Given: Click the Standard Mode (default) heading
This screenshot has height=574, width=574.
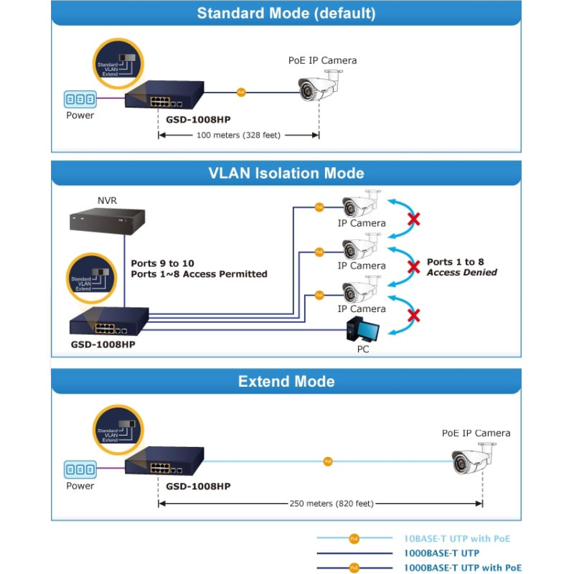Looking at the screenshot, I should [x=286, y=13].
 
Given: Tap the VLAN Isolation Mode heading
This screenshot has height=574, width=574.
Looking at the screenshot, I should [x=286, y=173].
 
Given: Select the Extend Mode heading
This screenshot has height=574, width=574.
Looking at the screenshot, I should [x=286, y=381].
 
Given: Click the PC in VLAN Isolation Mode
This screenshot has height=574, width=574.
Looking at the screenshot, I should [x=363, y=329].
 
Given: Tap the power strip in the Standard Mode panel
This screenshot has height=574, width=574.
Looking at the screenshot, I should [x=80, y=99].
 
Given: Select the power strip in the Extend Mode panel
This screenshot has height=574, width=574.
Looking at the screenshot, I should [x=80, y=470].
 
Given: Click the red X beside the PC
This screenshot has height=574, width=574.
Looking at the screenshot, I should [x=413, y=316].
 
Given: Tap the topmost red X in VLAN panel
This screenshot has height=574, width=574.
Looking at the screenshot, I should [x=413, y=219].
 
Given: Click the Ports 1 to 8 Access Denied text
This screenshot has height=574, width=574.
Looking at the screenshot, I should [x=461, y=268].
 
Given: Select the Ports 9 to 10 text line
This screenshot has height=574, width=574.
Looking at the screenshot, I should [x=162, y=263].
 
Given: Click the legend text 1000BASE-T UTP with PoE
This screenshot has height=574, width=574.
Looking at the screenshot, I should [x=463, y=568].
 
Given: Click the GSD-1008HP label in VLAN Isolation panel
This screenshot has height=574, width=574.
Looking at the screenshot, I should [x=103, y=344].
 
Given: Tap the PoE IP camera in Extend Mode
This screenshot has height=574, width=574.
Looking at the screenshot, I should [x=474, y=459].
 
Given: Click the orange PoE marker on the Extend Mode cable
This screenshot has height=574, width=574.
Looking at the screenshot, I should [x=328, y=461].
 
